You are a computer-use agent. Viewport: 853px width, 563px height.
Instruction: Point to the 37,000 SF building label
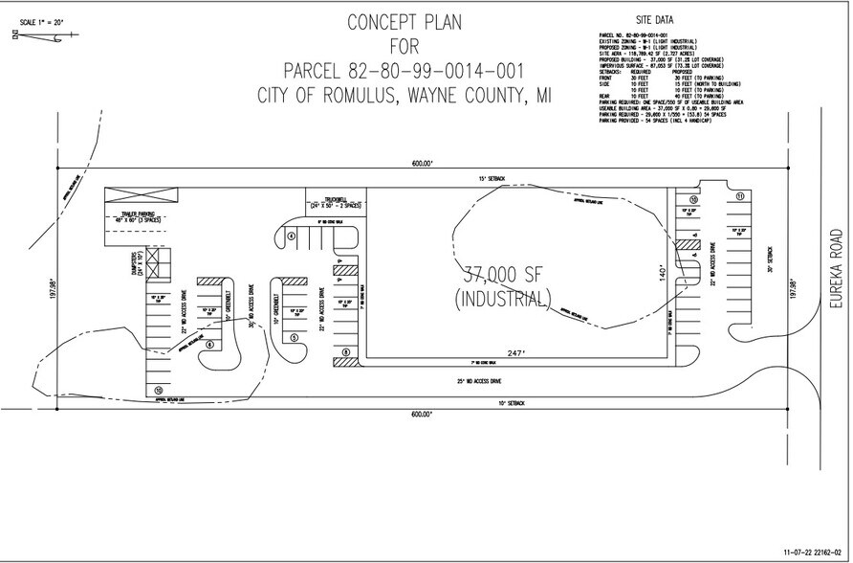[x=507, y=273]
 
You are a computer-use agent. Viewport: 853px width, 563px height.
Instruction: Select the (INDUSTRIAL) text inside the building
[x=507, y=297]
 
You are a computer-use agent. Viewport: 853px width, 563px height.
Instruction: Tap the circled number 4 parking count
[x=290, y=236]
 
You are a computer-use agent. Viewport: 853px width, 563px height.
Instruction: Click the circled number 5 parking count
[x=295, y=337]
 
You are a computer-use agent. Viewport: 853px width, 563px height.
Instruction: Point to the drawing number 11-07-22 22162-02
[x=812, y=552]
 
